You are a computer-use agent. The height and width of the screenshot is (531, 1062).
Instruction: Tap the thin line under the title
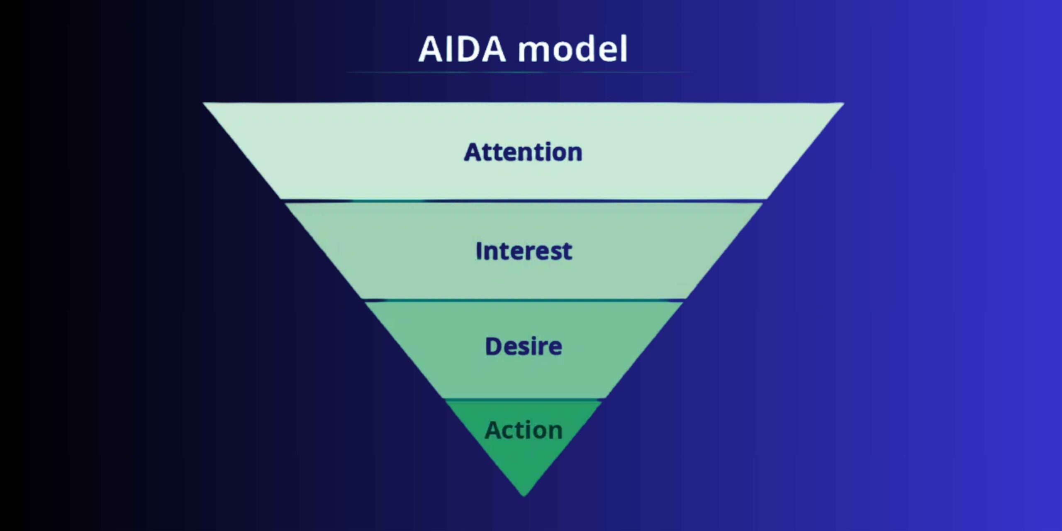point(519,72)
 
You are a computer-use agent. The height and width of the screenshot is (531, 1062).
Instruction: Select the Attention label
point(523,152)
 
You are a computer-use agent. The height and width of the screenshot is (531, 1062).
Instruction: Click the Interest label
point(524,251)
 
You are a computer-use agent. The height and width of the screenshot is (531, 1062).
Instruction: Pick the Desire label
point(524,347)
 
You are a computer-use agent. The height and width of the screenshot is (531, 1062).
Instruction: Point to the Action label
point(524,430)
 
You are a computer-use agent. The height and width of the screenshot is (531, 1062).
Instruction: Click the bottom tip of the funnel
point(524,494)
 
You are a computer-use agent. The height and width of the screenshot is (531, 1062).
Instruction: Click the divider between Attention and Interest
point(524,201)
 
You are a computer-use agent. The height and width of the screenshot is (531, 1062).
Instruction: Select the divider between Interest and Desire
point(524,300)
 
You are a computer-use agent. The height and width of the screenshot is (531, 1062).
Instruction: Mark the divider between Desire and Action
point(524,399)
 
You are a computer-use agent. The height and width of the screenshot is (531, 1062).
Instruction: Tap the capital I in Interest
point(479,251)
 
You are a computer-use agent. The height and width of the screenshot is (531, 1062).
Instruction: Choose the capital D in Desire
point(493,347)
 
